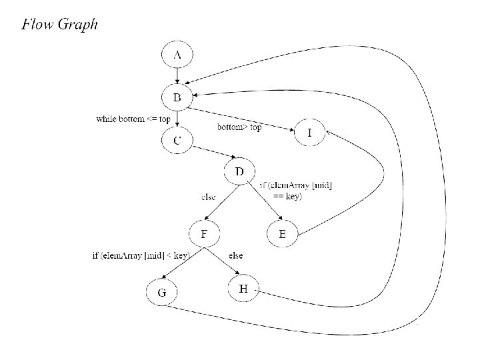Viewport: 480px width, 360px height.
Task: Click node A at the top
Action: (177, 56)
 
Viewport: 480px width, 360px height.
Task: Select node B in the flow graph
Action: (177, 98)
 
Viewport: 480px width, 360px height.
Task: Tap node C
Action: (177, 141)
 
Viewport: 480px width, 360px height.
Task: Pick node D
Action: (240, 173)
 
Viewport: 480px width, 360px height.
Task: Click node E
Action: (283, 234)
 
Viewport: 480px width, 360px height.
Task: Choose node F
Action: (204, 234)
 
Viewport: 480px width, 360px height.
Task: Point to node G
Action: (162, 293)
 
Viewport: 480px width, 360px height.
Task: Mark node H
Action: (243, 289)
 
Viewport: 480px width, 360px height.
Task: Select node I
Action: (309, 133)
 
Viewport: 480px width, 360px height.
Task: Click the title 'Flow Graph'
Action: (59, 25)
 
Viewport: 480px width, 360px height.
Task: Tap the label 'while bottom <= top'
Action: (133, 119)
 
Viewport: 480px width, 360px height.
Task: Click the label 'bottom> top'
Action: (239, 127)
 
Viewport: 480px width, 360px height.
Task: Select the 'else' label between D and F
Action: (208, 197)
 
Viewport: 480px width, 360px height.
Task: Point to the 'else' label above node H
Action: (235, 255)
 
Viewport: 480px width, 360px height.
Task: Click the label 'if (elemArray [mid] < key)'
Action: (141, 255)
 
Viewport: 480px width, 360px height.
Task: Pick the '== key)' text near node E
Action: (287, 196)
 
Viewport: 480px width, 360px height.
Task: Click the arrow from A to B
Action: (177, 77)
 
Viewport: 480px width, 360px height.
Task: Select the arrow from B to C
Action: (177, 119)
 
